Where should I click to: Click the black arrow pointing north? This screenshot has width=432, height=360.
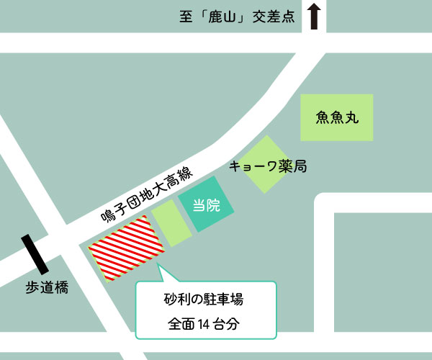click(x=313, y=16)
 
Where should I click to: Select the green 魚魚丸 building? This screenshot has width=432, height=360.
click(x=337, y=117)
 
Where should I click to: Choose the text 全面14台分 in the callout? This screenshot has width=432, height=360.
click(x=204, y=323)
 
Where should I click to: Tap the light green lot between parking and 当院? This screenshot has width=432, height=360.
click(x=172, y=223)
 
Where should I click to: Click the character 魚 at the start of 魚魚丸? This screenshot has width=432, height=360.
click(x=323, y=117)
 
